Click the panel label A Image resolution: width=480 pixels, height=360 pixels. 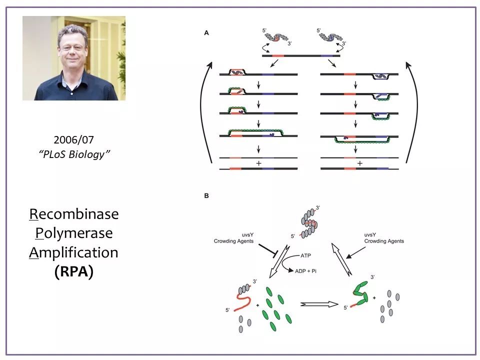click(x=206, y=33)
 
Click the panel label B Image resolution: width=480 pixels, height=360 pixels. click(x=206, y=195)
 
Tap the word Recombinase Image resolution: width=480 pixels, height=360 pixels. click(x=74, y=214)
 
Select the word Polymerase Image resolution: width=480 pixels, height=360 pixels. click(x=74, y=233)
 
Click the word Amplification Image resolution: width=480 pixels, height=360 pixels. click(x=74, y=252)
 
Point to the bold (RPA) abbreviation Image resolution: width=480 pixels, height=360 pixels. click(x=74, y=271)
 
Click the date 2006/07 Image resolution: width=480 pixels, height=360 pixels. click(x=74, y=140)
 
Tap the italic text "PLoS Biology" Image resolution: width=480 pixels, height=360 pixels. click(x=74, y=154)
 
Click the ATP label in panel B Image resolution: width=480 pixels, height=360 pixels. click(x=305, y=255)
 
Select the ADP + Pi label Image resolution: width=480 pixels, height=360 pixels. click(x=305, y=271)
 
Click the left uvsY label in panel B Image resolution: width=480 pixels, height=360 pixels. click(x=247, y=235)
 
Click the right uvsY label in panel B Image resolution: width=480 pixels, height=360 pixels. click(x=370, y=235)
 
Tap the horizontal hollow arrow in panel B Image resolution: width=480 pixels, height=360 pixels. click(x=319, y=304)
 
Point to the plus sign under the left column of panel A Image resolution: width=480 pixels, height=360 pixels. click(x=258, y=163)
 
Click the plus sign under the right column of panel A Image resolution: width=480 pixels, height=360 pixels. click(x=359, y=163)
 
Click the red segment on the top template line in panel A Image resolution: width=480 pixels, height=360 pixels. click(x=278, y=55)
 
